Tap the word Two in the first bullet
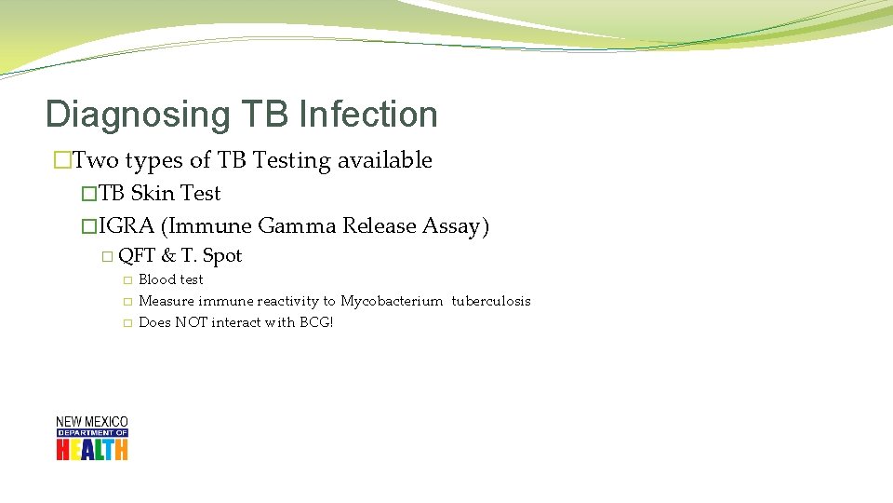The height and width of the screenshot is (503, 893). coord(95,160)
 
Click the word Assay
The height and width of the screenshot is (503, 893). coord(455,225)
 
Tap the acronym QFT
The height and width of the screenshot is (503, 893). coord(137,255)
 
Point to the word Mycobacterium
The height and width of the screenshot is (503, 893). coord(392,301)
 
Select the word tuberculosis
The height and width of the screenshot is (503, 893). coord(491,301)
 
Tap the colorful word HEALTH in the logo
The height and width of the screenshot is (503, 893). coord(92,449)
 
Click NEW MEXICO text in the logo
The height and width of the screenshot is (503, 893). coord(92,422)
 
